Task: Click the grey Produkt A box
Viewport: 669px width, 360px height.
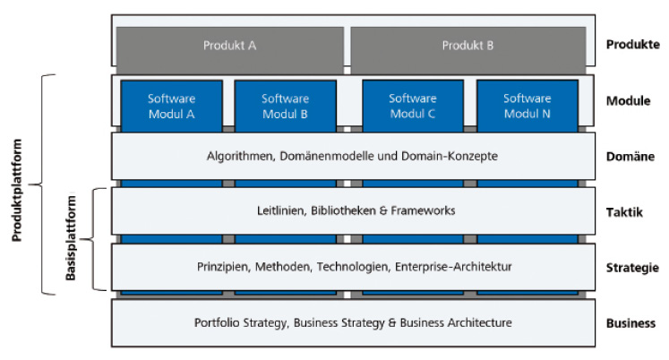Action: tap(230, 50)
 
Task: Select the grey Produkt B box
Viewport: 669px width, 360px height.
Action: tap(468, 50)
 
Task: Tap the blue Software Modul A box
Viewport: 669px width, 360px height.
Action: tap(172, 106)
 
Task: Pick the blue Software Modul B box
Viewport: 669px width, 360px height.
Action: tap(285, 106)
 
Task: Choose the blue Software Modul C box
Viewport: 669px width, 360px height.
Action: tap(413, 106)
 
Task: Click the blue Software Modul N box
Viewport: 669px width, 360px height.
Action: tap(527, 106)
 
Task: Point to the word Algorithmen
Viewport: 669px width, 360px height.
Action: tap(240, 156)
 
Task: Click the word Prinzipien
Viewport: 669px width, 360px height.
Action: tap(224, 267)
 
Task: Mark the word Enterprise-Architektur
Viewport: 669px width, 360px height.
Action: tap(453, 267)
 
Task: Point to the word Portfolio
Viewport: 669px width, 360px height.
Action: tap(217, 323)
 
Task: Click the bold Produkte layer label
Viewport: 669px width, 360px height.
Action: tap(633, 45)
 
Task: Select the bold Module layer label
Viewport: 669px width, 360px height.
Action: tap(629, 101)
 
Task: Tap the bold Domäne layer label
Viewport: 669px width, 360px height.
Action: tap(630, 157)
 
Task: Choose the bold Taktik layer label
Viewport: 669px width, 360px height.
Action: tap(624, 212)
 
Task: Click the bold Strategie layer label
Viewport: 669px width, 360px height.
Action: tap(633, 268)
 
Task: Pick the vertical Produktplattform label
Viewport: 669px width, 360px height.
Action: tap(17, 190)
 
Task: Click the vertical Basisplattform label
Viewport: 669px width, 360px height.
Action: tap(71, 238)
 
